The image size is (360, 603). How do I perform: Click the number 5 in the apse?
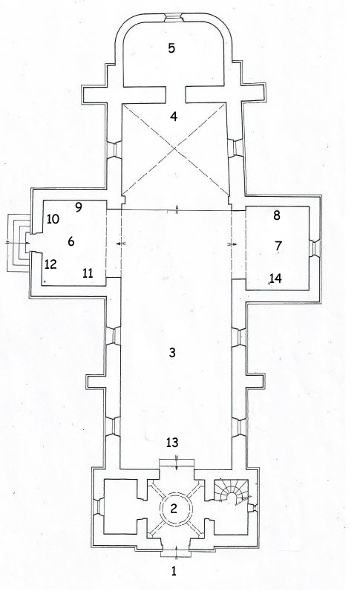coord(171,48)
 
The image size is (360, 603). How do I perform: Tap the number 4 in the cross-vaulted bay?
coord(174,116)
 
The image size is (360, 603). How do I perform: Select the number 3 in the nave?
coord(172,352)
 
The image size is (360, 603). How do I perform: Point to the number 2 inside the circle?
coord(174,509)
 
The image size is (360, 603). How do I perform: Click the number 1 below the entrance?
coord(174,571)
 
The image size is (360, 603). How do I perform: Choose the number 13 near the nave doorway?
coord(172,443)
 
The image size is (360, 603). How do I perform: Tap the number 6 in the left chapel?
coord(71,241)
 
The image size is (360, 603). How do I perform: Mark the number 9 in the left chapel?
coord(79,207)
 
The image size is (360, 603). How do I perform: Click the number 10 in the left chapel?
coord(53,219)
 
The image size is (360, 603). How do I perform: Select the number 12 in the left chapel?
coord(50,264)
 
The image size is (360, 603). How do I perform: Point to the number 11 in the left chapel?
coord(88,273)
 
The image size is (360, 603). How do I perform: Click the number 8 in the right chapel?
coord(277,215)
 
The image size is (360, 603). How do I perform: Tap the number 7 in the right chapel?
coord(278,245)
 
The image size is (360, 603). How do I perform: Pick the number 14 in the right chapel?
coord(275,278)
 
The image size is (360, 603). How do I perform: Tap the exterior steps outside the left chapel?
coord(17,243)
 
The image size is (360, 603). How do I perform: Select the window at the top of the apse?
coord(174,18)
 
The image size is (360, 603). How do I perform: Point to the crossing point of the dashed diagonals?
coord(175,149)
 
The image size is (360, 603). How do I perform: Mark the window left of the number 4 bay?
coord(114,149)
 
